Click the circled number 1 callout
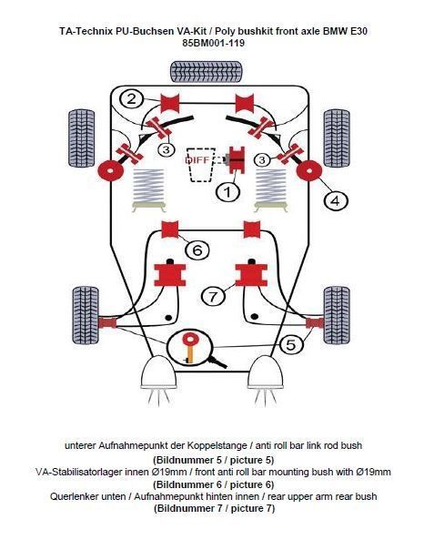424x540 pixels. pos(227,191)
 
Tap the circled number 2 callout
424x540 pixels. pos(133,99)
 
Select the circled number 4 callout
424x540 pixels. pos(335,199)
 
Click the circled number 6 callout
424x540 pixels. pos(196,249)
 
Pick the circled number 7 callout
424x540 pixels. pos(212,296)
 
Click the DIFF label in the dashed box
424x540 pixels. pos(197,159)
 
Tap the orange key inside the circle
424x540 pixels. pos(191,345)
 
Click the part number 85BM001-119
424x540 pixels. pos(212,42)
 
